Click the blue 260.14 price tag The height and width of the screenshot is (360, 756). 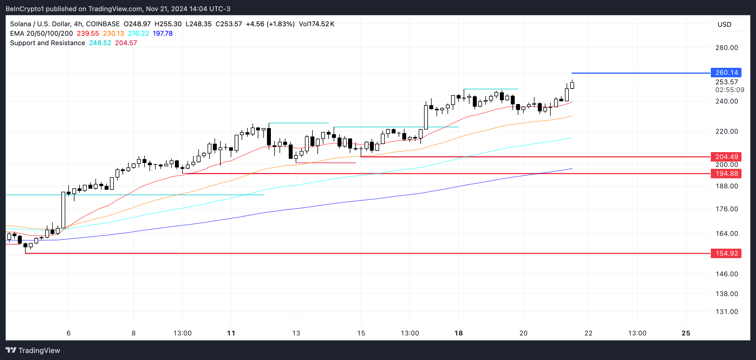pos(726,73)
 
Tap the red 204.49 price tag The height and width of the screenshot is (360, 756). pos(726,157)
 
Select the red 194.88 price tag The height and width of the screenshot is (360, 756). pos(726,174)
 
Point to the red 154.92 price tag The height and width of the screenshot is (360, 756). pos(726,253)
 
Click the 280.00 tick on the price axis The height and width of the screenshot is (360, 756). pos(726,47)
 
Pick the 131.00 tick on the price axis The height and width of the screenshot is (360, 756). pos(726,311)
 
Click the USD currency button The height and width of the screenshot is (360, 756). pos(724,24)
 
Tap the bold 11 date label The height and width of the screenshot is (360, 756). pos(231,333)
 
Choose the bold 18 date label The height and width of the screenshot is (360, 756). pos(458,333)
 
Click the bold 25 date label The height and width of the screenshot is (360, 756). pos(686,333)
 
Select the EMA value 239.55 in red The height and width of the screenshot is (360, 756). pos(88,33)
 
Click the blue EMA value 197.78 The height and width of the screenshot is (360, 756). pos(163,33)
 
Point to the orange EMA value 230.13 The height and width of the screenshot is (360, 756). pos(113,33)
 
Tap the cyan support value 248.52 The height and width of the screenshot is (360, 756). pos(100,43)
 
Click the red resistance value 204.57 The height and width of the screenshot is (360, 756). pos(126,43)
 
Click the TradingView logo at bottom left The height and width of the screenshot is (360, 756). pos(33,350)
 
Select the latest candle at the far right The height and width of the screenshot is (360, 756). pos(572,85)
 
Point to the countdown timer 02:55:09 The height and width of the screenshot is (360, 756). pos(729,90)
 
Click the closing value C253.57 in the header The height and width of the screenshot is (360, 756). pos(229,24)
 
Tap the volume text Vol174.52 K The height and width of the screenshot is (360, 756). pos(316,24)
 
